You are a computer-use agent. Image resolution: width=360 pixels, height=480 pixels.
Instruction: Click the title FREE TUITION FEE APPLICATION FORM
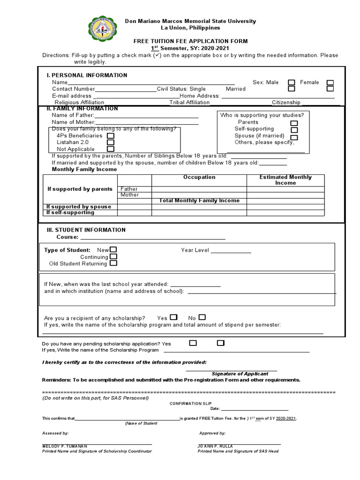(x=190, y=41)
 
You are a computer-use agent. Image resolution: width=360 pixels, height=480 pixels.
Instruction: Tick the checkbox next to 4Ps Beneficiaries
(x=111, y=135)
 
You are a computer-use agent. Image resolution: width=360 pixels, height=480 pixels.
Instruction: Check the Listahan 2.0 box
(x=111, y=142)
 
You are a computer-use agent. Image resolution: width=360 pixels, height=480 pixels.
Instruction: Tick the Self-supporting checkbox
(x=294, y=129)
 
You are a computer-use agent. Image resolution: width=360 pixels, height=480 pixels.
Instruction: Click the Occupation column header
(x=199, y=177)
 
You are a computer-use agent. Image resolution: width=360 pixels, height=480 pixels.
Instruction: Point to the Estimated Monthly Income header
(x=285, y=180)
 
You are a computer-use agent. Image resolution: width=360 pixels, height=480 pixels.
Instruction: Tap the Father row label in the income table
(x=129, y=189)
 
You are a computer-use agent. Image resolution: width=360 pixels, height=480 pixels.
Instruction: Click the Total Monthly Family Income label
(x=199, y=201)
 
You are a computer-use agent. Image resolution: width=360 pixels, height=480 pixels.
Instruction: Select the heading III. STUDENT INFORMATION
(x=86, y=230)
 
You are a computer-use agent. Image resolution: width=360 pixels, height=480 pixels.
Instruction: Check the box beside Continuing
(x=113, y=257)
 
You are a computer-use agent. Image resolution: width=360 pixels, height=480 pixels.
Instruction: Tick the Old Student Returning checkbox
(x=113, y=263)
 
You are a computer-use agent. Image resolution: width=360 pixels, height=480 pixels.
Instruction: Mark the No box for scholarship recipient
(x=202, y=317)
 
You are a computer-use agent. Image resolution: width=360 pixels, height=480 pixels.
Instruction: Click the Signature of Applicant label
(x=240, y=374)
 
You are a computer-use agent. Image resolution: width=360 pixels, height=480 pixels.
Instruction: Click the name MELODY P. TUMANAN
(x=65, y=446)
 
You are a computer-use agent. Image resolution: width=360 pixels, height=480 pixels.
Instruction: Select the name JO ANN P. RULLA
(x=215, y=446)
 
